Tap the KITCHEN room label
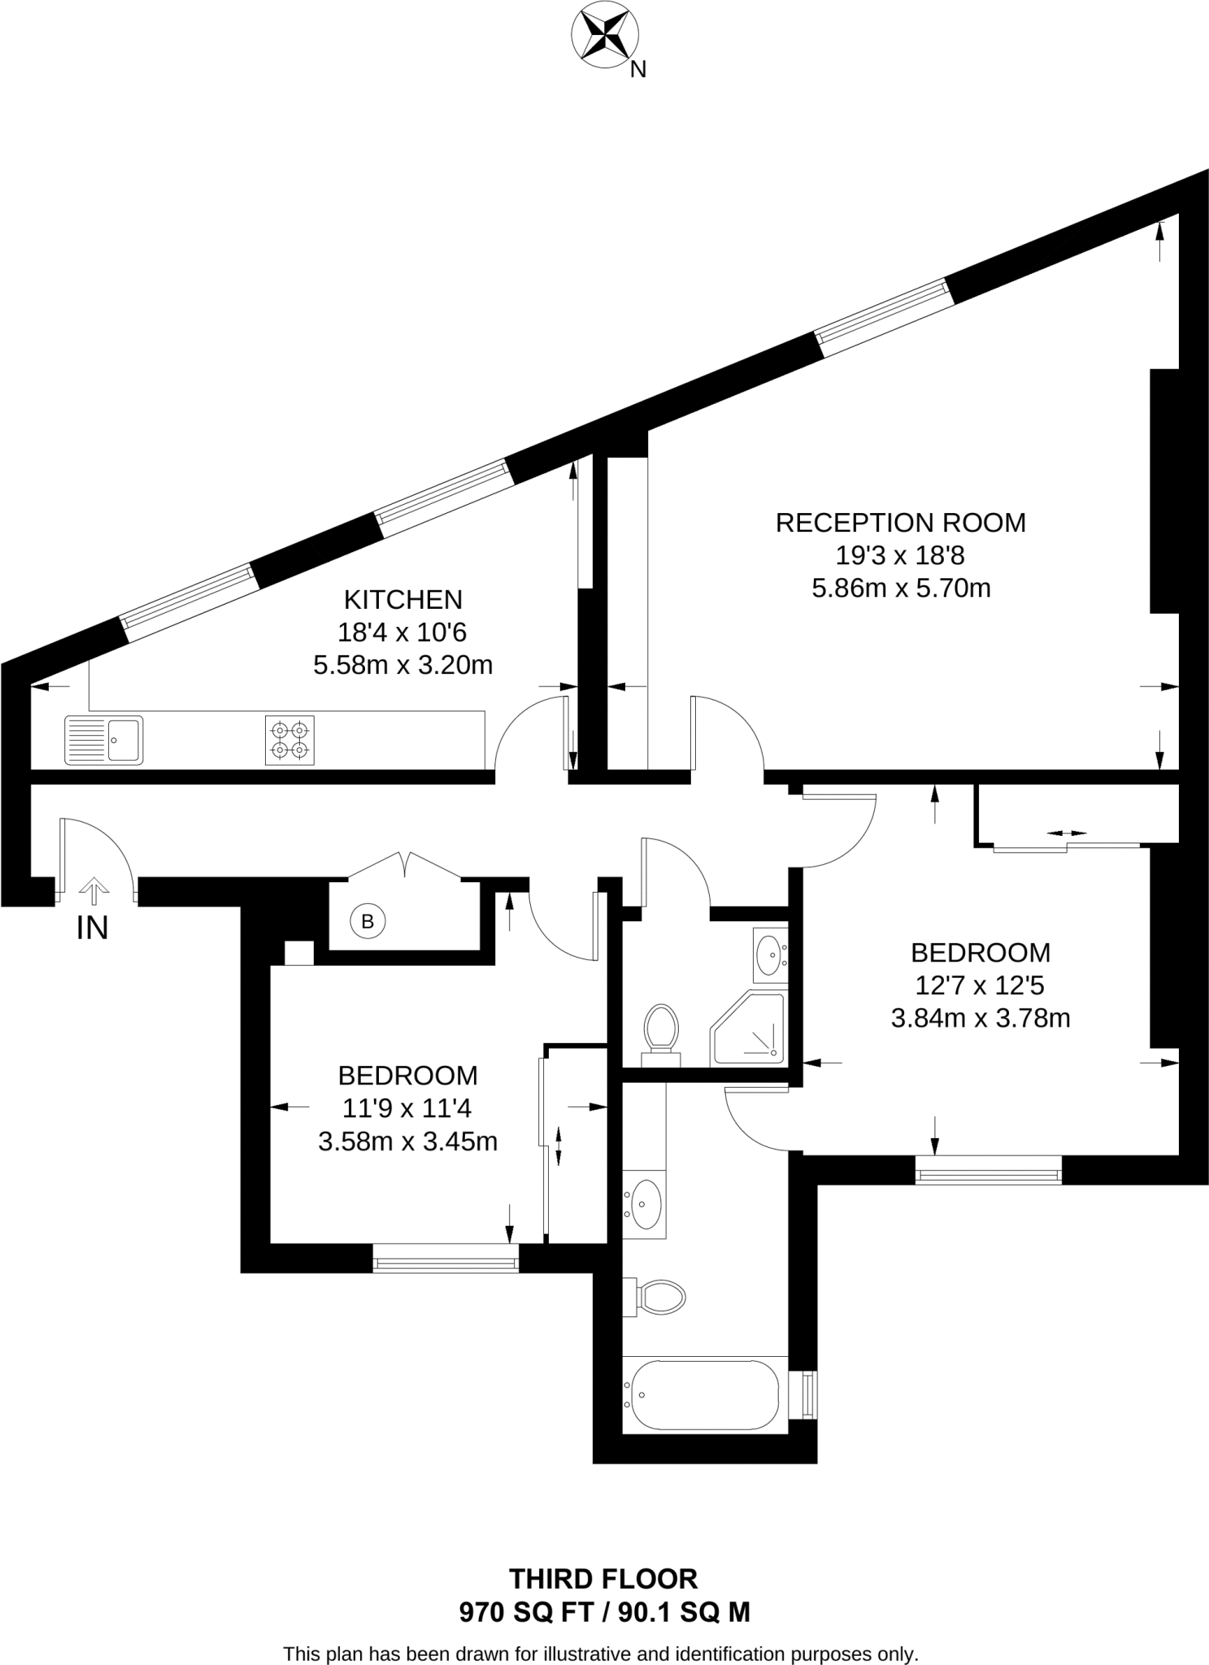point(403,599)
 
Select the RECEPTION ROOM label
point(900,522)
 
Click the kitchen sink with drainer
point(103,740)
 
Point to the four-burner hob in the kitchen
point(289,740)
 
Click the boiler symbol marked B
point(367,921)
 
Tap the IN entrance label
point(92,928)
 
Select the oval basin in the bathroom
point(646,1205)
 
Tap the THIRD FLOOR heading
point(603,1579)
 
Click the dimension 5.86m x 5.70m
point(901,588)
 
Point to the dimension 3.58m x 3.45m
point(407,1141)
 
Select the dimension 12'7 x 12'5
point(980,985)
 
